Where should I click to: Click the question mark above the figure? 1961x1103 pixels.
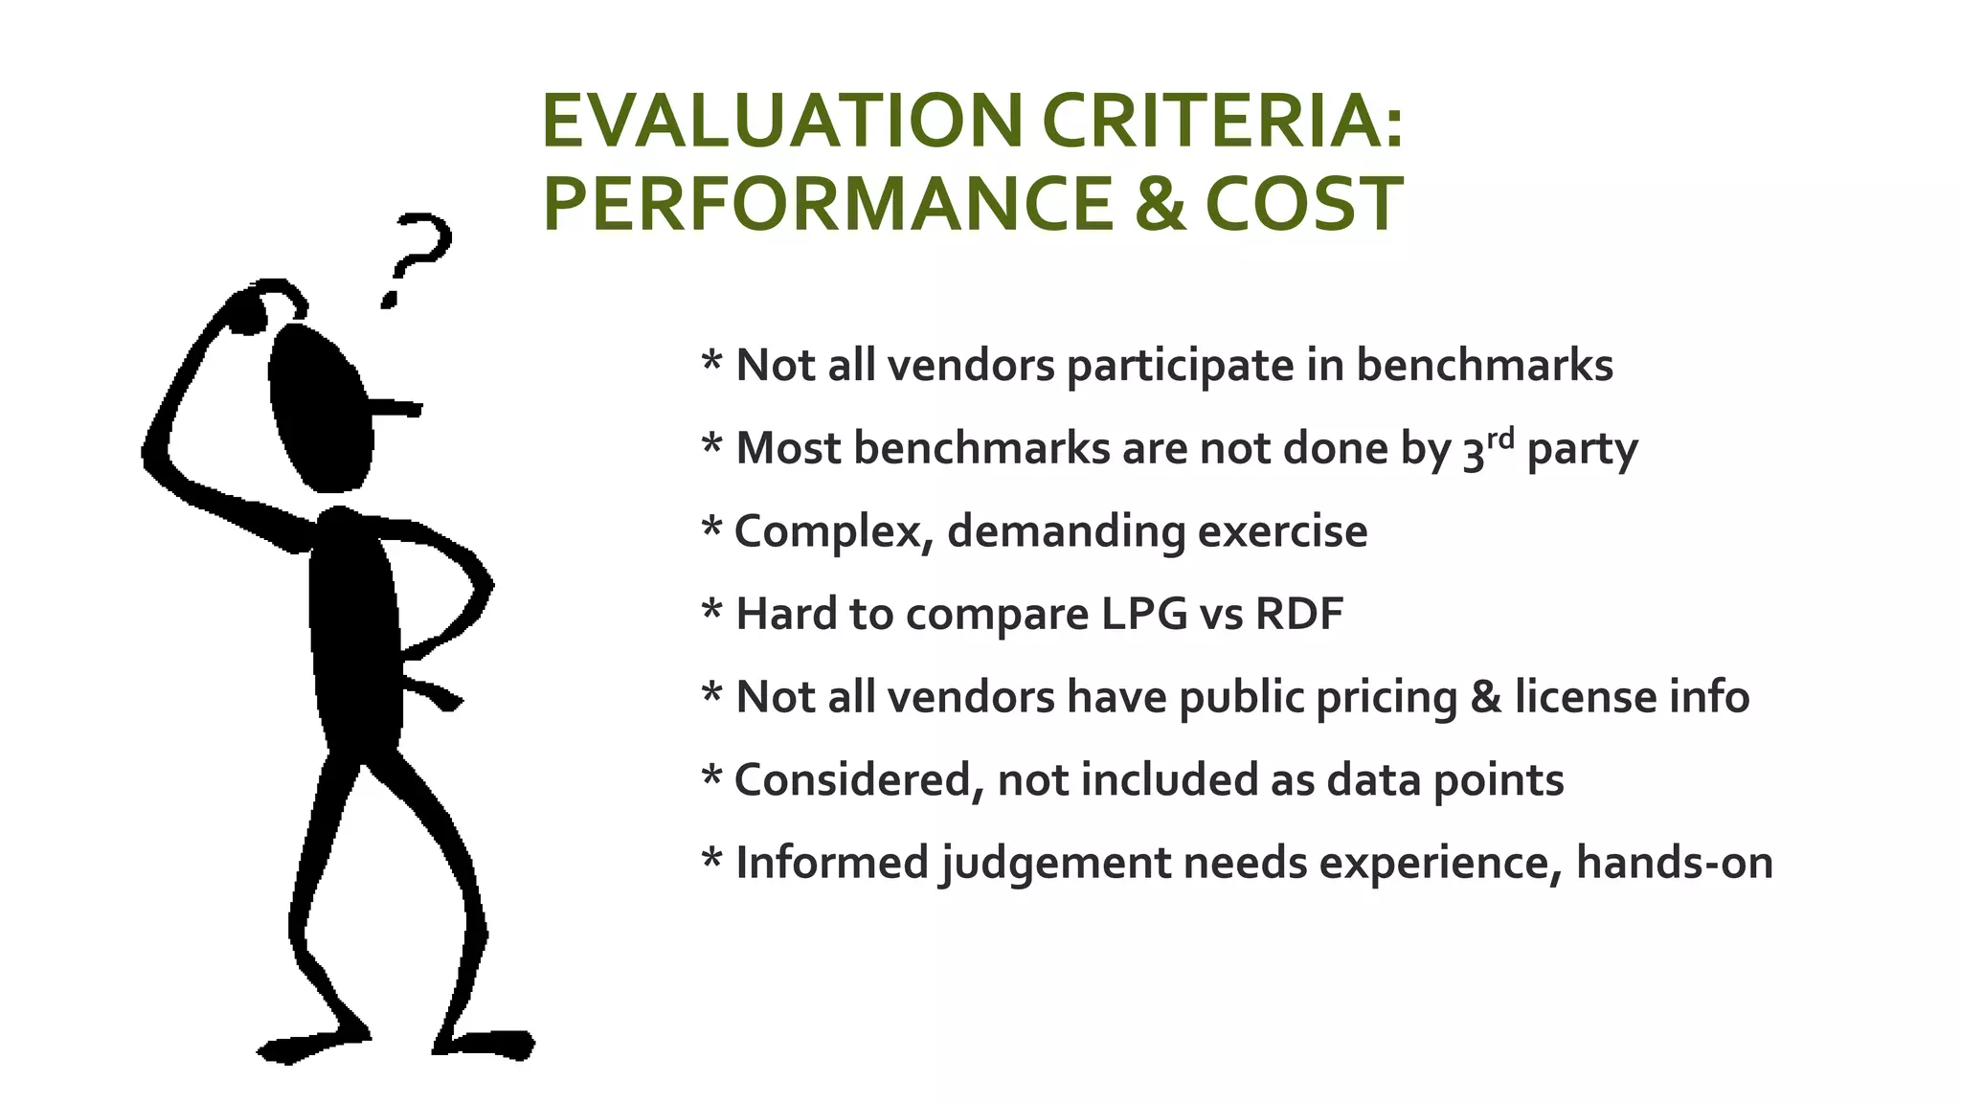[416, 259]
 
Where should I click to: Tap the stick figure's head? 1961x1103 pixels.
[320, 407]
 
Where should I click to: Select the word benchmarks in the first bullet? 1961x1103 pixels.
[1484, 366]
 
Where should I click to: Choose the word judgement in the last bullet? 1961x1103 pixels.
[1053, 864]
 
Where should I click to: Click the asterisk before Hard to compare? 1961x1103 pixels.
[711, 610]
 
